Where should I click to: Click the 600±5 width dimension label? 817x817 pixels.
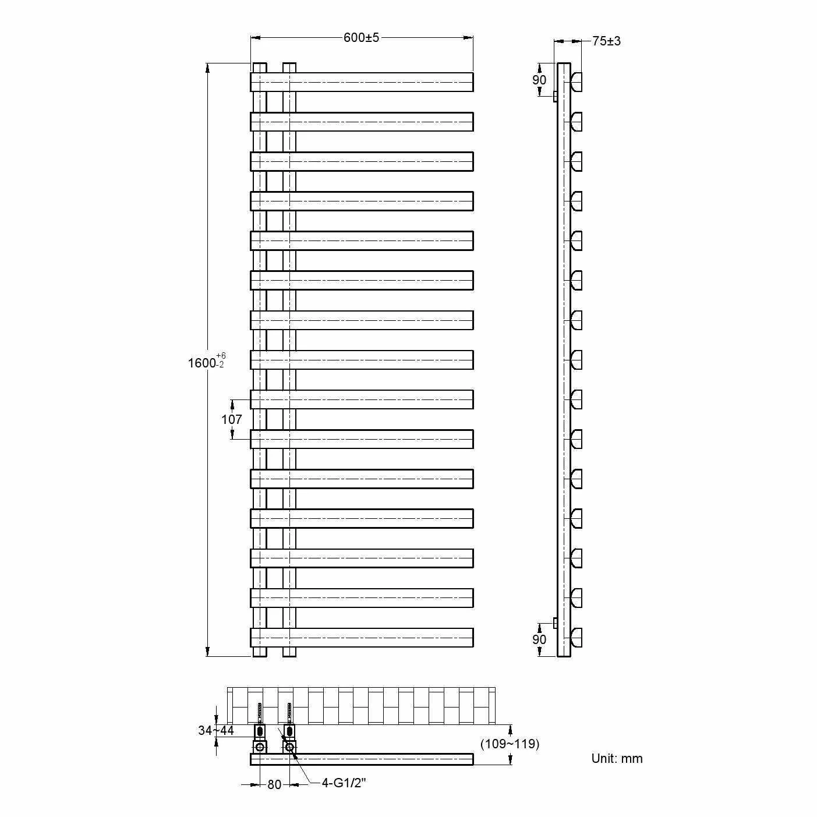coord(361,38)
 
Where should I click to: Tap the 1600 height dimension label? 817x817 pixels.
coord(202,363)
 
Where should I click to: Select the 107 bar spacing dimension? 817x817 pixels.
coord(231,419)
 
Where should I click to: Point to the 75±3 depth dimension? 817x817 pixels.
coord(606,41)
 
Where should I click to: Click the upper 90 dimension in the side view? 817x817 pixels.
coord(539,80)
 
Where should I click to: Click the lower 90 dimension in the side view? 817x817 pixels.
coord(539,639)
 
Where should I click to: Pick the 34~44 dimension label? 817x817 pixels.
coord(215,730)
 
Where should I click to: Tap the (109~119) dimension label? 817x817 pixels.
coord(510,744)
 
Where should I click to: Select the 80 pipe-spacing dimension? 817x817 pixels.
coord(274,784)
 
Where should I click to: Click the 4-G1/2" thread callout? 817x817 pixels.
coord(343,783)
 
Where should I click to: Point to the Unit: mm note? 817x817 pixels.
coord(617,758)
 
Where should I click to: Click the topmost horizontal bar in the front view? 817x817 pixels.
coord(361,82)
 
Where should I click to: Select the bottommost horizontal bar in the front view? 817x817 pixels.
coord(361,638)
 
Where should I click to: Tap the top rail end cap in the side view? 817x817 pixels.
coord(577,82)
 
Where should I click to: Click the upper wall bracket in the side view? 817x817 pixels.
coord(556,96)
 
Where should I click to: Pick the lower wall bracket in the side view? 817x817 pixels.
coord(556,623)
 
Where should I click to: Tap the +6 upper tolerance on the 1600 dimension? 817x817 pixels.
coord(221,356)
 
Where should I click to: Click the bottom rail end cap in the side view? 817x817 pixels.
coord(577,638)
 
